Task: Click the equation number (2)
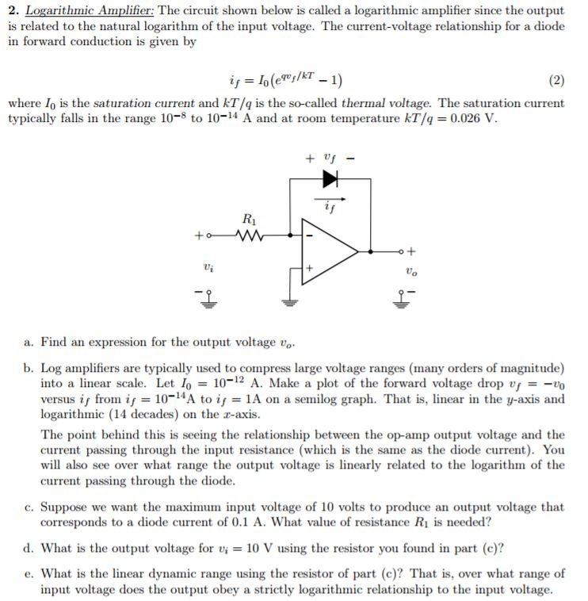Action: coord(556,80)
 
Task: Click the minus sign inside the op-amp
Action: coord(310,236)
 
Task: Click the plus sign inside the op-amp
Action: coord(310,270)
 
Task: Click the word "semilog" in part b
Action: coord(409,398)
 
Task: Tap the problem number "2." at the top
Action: coord(13,12)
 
